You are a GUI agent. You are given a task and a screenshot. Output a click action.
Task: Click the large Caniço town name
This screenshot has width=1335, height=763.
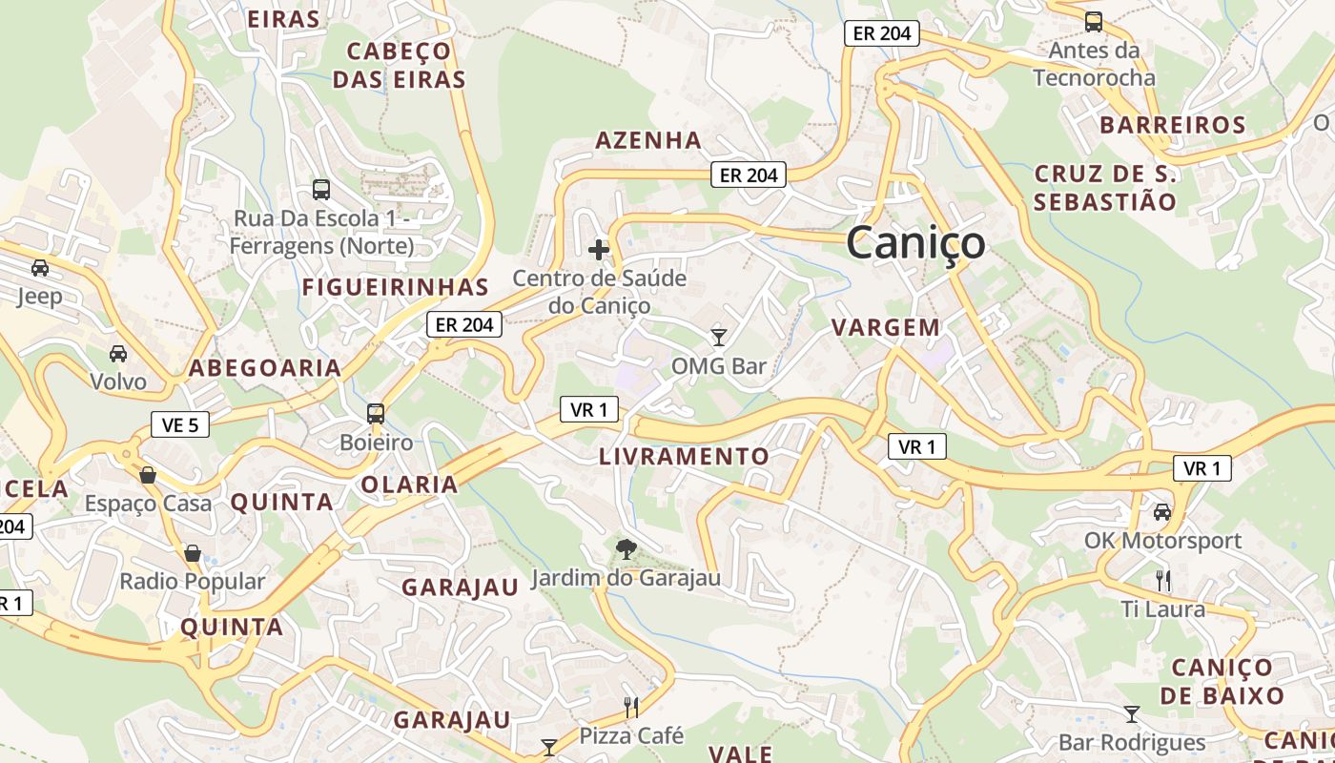click(x=915, y=242)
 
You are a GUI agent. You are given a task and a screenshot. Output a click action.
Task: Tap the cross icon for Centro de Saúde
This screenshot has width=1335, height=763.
click(x=599, y=250)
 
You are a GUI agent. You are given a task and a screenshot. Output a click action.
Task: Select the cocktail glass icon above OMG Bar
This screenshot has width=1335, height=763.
click(x=719, y=337)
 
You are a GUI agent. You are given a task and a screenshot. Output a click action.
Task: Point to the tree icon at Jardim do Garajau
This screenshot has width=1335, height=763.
click(x=626, y=548)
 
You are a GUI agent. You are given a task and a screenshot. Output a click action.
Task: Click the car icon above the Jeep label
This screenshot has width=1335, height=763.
click(x=40, y=268)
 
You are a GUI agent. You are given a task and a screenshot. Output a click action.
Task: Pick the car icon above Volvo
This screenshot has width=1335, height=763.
click(x=118, y=354)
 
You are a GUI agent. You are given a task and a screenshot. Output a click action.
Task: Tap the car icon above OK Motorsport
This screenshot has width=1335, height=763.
click(x=1162, y=512)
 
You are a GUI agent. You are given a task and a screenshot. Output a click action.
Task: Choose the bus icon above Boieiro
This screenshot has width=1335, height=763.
click(x=376, y=414)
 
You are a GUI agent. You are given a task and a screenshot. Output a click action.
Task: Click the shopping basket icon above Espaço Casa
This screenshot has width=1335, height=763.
click(x=148, y=475)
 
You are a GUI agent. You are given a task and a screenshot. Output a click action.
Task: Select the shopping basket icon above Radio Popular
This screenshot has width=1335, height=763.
click(x=193, y=553)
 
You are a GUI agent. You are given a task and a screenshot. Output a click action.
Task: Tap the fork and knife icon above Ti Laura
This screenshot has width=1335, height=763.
click(x=1162, y=580)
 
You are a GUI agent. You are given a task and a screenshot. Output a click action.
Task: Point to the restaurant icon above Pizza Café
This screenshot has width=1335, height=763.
click(x=631, y=707)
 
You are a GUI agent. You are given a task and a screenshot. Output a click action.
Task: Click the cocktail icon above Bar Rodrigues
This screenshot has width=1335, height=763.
click(x=1132, y=713)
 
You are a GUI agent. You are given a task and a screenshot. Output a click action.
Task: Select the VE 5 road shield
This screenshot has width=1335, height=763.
click(x=179, y=424)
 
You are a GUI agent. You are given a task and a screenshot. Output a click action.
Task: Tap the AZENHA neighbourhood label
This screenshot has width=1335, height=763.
click(x=648, y=140)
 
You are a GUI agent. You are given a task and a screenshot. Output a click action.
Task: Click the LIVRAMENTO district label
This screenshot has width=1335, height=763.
click(x=684, y=457)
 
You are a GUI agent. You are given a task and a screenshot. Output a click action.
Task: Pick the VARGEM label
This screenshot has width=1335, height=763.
click(x=886, y=328)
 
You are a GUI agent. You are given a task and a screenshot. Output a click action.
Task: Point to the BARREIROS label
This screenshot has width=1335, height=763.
click(x=1172, y=125)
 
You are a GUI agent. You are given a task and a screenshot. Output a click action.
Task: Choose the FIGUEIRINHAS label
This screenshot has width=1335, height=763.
click(x=395, y=287)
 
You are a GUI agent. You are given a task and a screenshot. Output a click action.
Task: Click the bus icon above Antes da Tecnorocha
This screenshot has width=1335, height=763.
click(x=1094, y=21)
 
